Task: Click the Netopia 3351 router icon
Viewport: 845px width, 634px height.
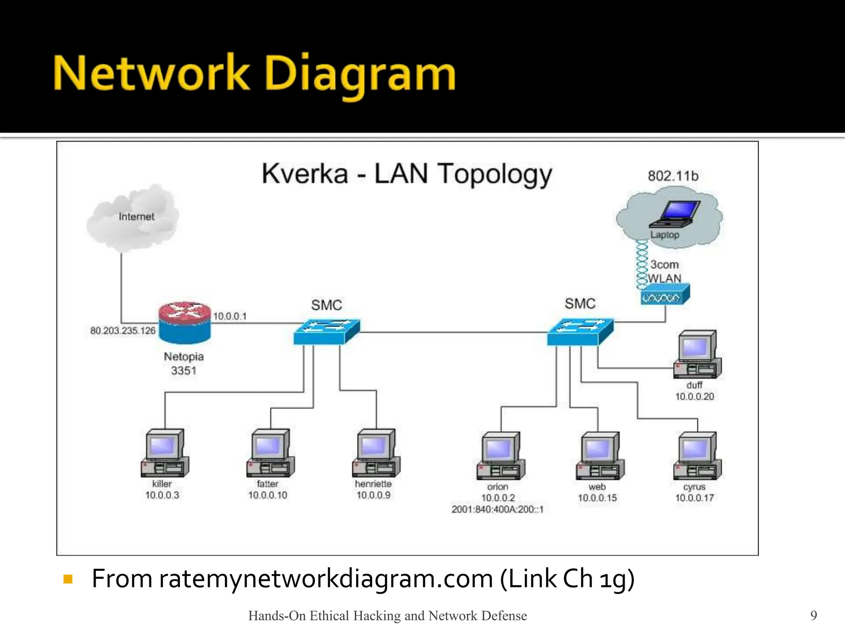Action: (184, 322)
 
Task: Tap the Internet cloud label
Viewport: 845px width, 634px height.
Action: (136, 217)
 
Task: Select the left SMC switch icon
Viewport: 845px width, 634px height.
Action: (326, 331)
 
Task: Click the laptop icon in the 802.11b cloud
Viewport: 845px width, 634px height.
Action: (675, 214)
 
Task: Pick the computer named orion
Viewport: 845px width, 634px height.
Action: (500, 456)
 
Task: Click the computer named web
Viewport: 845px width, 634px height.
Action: (600, 456)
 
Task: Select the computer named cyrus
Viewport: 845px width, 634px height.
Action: (697, 456)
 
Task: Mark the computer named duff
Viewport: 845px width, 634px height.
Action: (697, 354)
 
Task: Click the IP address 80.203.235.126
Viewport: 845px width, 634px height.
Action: (123, 331)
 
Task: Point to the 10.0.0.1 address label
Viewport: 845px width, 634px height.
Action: (230, 316)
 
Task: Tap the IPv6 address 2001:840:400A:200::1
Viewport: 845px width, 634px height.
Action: (497, 509)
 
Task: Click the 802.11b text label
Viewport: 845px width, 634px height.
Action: (673, 176)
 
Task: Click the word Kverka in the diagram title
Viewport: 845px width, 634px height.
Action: (305, 174)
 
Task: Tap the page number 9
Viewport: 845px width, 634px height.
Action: (813, 615)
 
